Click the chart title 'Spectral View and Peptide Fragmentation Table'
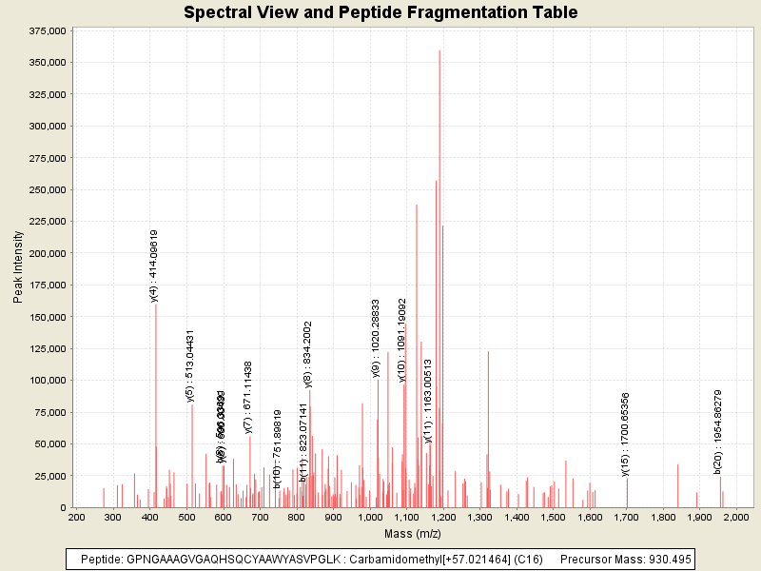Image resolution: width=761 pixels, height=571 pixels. pos(380,12)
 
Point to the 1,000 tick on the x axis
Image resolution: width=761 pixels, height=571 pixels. pos(370,517)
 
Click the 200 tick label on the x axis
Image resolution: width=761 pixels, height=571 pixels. pos(76,517)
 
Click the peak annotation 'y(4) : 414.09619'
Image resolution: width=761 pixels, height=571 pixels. pos(154,266)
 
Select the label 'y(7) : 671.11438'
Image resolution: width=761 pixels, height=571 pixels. pos(248,397)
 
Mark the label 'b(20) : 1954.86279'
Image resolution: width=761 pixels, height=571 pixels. pos(718,431)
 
